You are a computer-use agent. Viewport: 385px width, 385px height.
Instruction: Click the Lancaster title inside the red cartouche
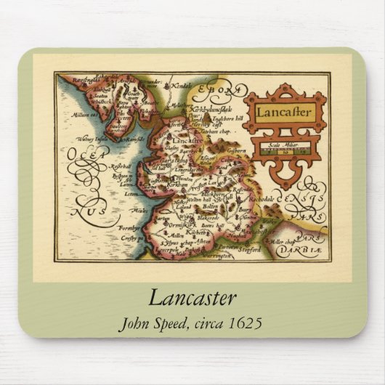pos(284,113)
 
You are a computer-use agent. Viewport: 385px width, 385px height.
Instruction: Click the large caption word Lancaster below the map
pos(192,297)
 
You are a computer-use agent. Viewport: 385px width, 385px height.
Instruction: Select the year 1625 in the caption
pos(245,322)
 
